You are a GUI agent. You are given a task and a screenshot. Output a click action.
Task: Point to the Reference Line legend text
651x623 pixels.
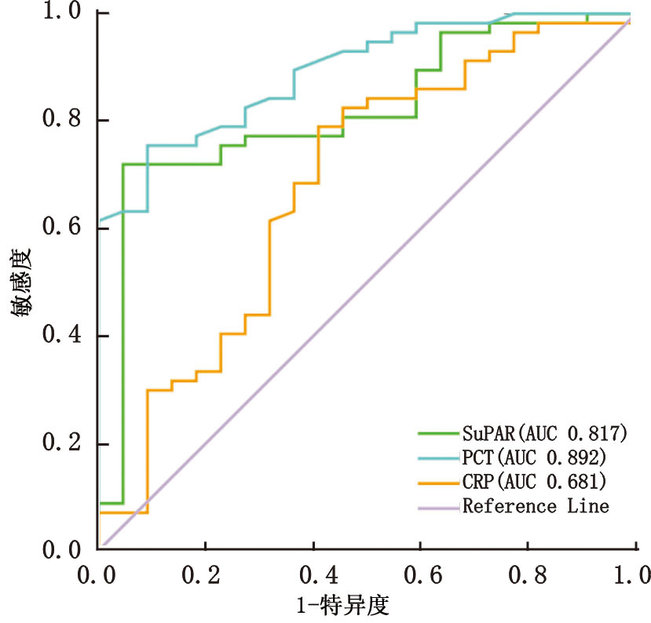coord(536,506)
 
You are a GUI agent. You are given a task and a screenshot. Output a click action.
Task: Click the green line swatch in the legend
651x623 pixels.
coord(438,432)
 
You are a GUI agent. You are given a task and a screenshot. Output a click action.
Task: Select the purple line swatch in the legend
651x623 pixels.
coord(438,507)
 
